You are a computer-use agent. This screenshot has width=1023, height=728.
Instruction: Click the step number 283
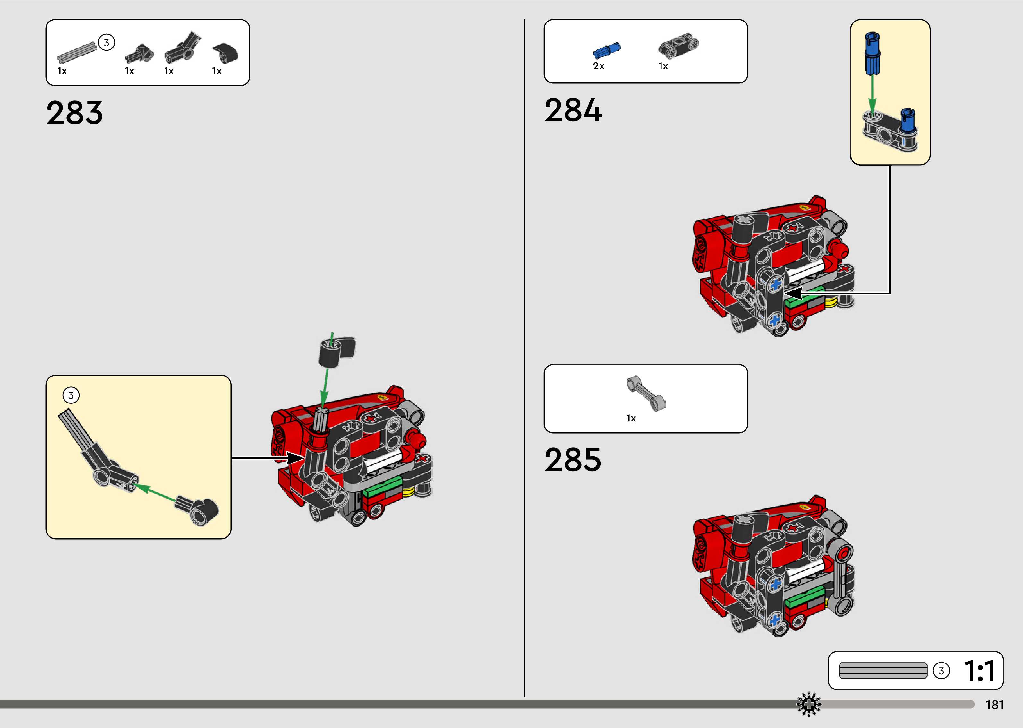(74, 113)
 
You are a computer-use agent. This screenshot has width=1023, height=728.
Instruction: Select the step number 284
(573, 110)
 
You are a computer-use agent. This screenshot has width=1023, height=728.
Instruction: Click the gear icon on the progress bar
(808, 704)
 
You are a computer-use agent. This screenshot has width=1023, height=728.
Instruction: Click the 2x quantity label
(598, 66)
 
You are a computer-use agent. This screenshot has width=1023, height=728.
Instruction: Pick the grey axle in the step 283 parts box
(77, 52)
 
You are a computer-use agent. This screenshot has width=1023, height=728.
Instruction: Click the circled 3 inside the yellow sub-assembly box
(71, 395)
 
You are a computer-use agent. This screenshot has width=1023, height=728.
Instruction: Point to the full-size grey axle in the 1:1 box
(883, 671)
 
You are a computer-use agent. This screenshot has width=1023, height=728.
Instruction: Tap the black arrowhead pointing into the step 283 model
(295, 458)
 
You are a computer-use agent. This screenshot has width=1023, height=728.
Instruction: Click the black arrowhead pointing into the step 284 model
(793, 294)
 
